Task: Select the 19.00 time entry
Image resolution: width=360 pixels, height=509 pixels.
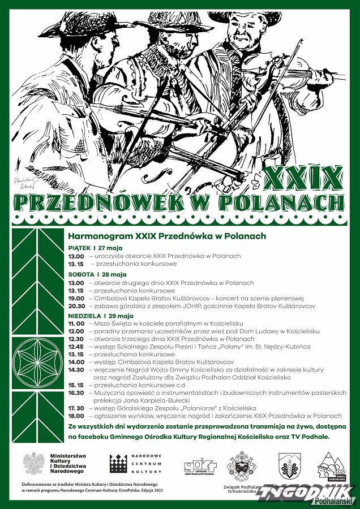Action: click(x=76, y=298)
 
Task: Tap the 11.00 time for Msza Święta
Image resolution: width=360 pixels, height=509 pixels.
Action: click(x=76, y=323)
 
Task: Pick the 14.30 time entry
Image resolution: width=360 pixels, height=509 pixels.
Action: click(x=76, y=369)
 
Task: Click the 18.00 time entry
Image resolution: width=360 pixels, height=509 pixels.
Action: click(x=76, y=415)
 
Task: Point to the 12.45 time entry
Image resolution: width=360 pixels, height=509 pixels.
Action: click(x=76, y=346)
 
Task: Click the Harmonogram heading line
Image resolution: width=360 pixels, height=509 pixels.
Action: click(x=167, y=235)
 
